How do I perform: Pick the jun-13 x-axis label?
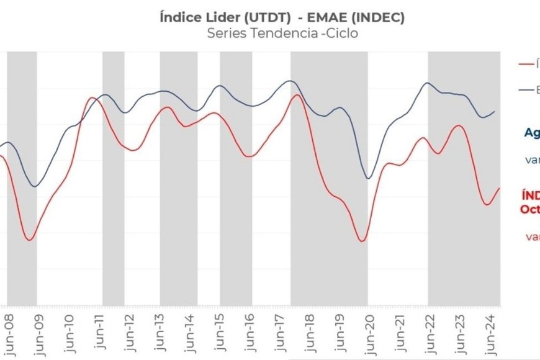point(161,333)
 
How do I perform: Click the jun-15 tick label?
point(220,333)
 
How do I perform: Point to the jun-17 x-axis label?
point(280,333)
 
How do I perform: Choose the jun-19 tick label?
point(340,333)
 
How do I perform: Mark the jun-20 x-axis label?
point(369,333)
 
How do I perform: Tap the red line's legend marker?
point(525,63)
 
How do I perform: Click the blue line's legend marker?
point(525,90)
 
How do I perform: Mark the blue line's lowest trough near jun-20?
point(369,179)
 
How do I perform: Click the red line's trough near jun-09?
point(29,240)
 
